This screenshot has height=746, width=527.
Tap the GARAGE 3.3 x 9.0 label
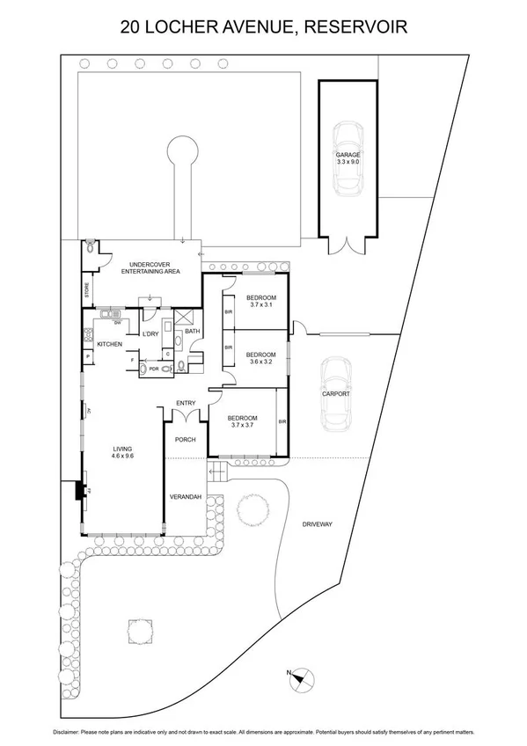click(x=348, y=158)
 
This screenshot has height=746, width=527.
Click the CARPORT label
click(x=336, y=394)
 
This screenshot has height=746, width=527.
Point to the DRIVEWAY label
click(x=317, y=524)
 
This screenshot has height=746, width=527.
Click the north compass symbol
click(x=299, y=677)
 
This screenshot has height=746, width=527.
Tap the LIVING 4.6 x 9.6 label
click(x=121, y=451)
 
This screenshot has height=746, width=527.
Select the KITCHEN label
click(x=109, y=343)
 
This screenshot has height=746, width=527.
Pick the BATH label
click(x=193, y=331)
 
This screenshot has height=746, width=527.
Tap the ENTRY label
click(x=186, y=403)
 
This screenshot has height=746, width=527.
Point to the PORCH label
click(x=186, y=438)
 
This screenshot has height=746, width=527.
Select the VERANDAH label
click(x=186, y=497)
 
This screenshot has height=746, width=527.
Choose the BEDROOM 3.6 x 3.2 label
click(x=261, y=358)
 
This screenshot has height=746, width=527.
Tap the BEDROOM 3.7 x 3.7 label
click(x=241, y=421)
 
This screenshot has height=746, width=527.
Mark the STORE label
click(x=86, y=291)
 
